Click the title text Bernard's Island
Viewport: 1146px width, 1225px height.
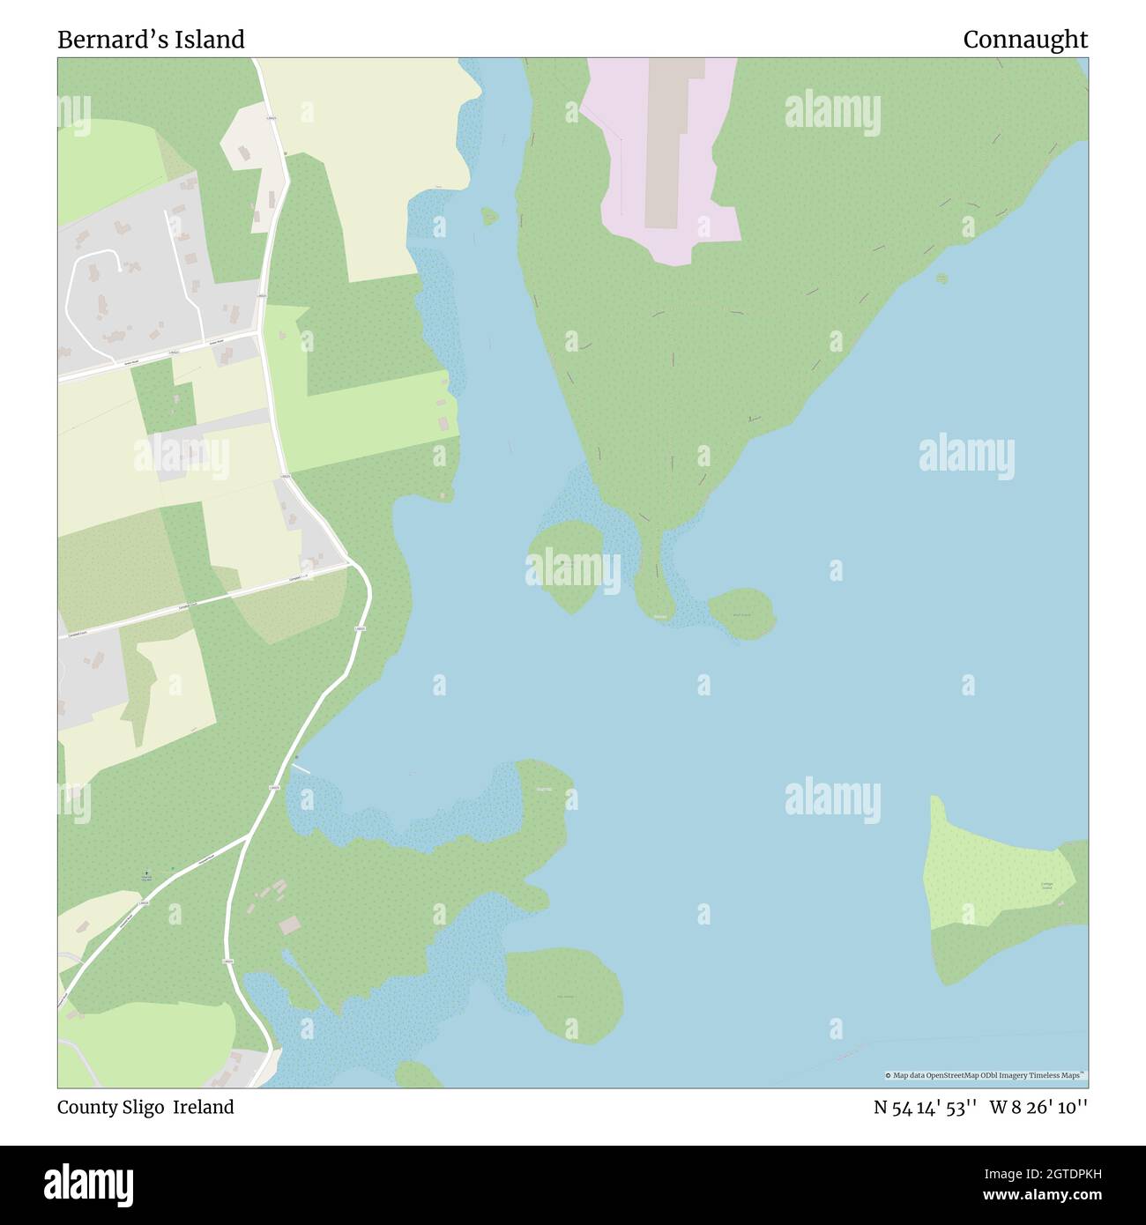[x=151, y=40]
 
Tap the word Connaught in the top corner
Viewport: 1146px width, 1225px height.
[x=1024, y=40]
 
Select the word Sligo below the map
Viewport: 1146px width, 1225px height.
[x=141, y=1107]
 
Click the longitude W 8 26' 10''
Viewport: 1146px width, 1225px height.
[x=1038, y=1107]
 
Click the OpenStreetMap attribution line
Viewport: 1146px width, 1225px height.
[x=986, y=1075]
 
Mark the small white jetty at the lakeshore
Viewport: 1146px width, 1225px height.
[x=301, y=767]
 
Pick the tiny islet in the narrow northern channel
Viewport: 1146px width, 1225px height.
[x=489, y=215]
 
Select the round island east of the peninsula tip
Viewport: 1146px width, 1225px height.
[x=741, y=612]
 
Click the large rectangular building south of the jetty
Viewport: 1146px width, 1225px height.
[x=289, y=925]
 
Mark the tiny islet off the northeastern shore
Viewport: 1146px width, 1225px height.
[x=941, y=278]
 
